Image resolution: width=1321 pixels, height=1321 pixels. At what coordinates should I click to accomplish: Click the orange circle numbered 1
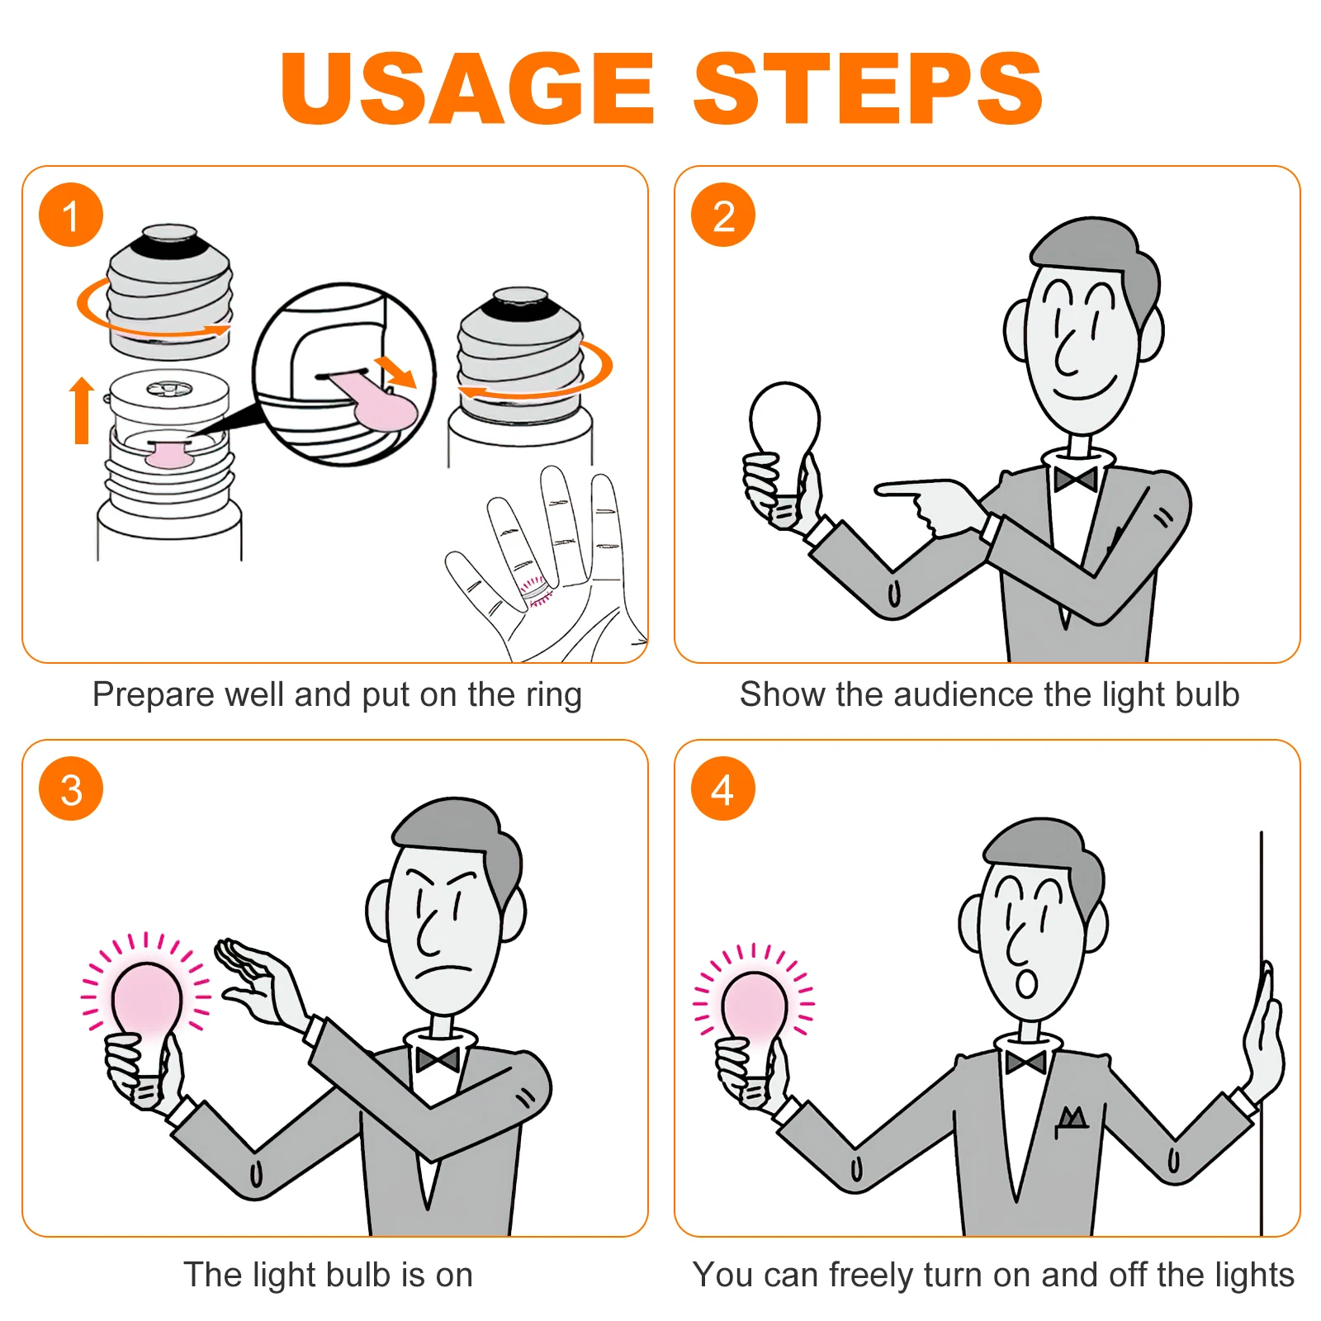tap(71, 215)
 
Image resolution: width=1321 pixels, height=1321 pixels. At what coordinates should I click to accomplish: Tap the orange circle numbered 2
tap(722, 215)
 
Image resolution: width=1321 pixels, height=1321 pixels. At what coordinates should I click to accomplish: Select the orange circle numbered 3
tap(71, 788)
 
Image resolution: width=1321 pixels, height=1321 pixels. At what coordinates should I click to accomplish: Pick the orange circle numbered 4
tap(722, 788)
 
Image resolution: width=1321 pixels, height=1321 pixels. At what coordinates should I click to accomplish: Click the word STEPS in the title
tap(868, 88)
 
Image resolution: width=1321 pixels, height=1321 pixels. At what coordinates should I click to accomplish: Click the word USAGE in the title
tap(467, 88)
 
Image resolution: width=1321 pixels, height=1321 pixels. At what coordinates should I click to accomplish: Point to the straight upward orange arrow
tap(81, 410)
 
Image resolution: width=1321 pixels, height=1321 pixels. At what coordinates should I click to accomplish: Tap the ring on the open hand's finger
tap(535, 588)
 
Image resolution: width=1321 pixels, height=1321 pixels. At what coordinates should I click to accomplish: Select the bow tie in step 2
tap(1075, 478)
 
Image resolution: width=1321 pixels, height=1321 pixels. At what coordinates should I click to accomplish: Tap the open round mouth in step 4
tap(1026, 983)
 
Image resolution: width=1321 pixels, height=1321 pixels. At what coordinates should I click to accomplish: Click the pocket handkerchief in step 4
tap(1072, 1119)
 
